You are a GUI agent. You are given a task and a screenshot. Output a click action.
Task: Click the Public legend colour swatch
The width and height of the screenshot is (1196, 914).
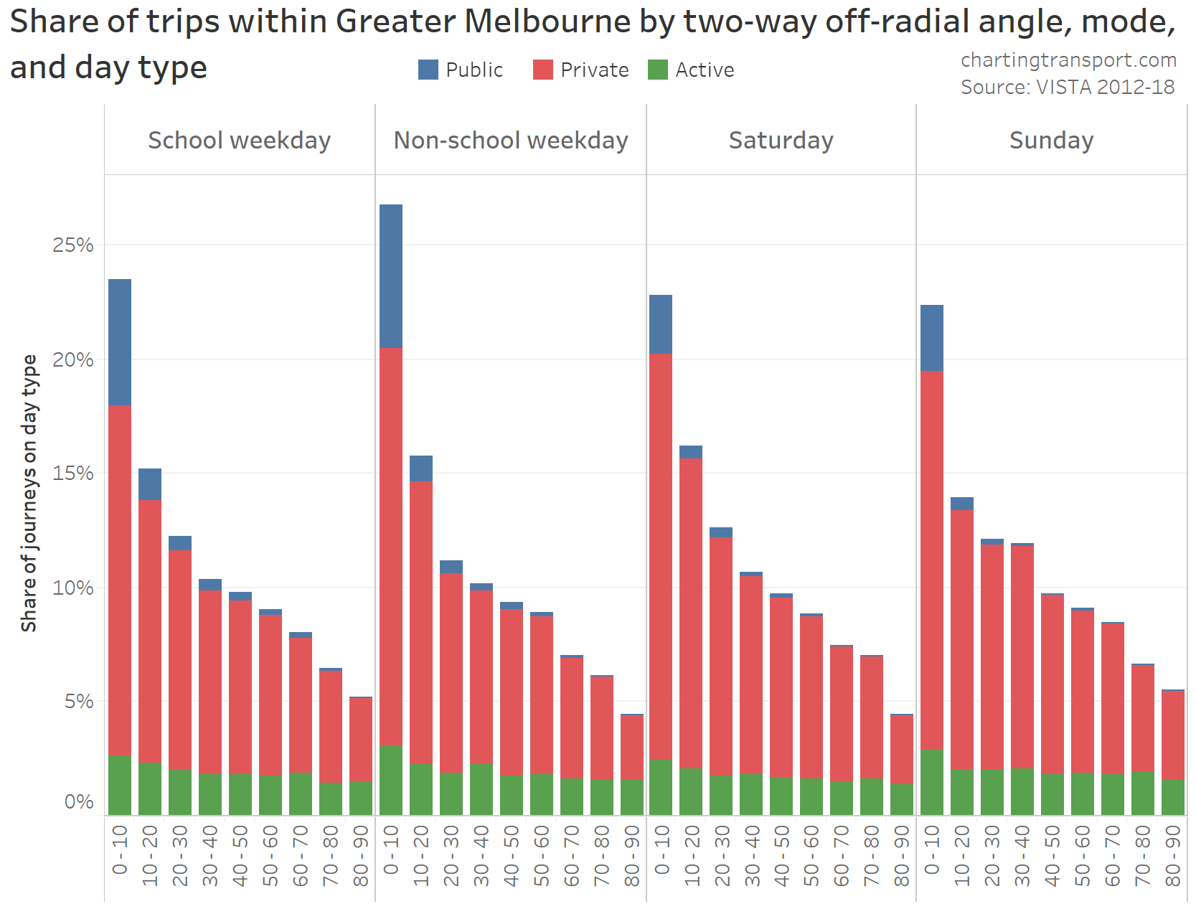[428, 70]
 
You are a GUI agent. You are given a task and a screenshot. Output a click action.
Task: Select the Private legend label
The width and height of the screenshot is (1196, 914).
[594, 70]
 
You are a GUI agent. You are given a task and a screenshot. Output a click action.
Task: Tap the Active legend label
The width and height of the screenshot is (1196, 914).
[705, 70]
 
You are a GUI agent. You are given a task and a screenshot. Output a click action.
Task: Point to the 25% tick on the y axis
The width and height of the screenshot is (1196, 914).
[73, 245]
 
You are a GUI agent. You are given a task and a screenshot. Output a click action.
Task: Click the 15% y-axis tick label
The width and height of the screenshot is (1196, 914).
[73, 474]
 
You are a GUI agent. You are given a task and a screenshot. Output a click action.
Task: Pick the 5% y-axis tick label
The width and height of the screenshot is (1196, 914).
[78, 701]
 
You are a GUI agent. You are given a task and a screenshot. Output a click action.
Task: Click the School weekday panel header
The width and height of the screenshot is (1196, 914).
[239, 140]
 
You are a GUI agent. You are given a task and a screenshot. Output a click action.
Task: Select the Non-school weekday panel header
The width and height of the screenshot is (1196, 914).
[510, 140]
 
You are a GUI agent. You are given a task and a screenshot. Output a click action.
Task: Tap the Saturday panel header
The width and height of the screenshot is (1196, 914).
[781, 140]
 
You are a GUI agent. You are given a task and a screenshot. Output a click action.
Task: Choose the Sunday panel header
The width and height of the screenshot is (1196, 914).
[1051, 140]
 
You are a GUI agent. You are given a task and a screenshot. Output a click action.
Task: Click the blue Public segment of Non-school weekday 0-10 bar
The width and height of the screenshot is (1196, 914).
[391, 276]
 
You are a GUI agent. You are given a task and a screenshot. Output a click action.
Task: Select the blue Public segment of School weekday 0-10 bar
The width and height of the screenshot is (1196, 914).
[120, 342]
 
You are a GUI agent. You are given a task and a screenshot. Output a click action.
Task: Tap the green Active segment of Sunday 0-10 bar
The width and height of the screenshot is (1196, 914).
[932, 782]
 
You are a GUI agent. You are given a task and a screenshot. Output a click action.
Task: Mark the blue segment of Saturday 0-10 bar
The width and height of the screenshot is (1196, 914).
[661, 324]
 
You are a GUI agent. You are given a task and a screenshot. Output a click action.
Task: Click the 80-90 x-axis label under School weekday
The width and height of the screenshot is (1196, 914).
[361, 855]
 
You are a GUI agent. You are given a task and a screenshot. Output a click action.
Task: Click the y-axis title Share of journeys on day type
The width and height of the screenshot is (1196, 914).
[29, 493]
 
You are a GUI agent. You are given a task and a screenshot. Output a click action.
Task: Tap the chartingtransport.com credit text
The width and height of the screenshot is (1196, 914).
[1068, 60]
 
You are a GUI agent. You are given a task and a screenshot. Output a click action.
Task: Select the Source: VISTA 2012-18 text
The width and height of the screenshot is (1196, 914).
[1068, 87]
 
